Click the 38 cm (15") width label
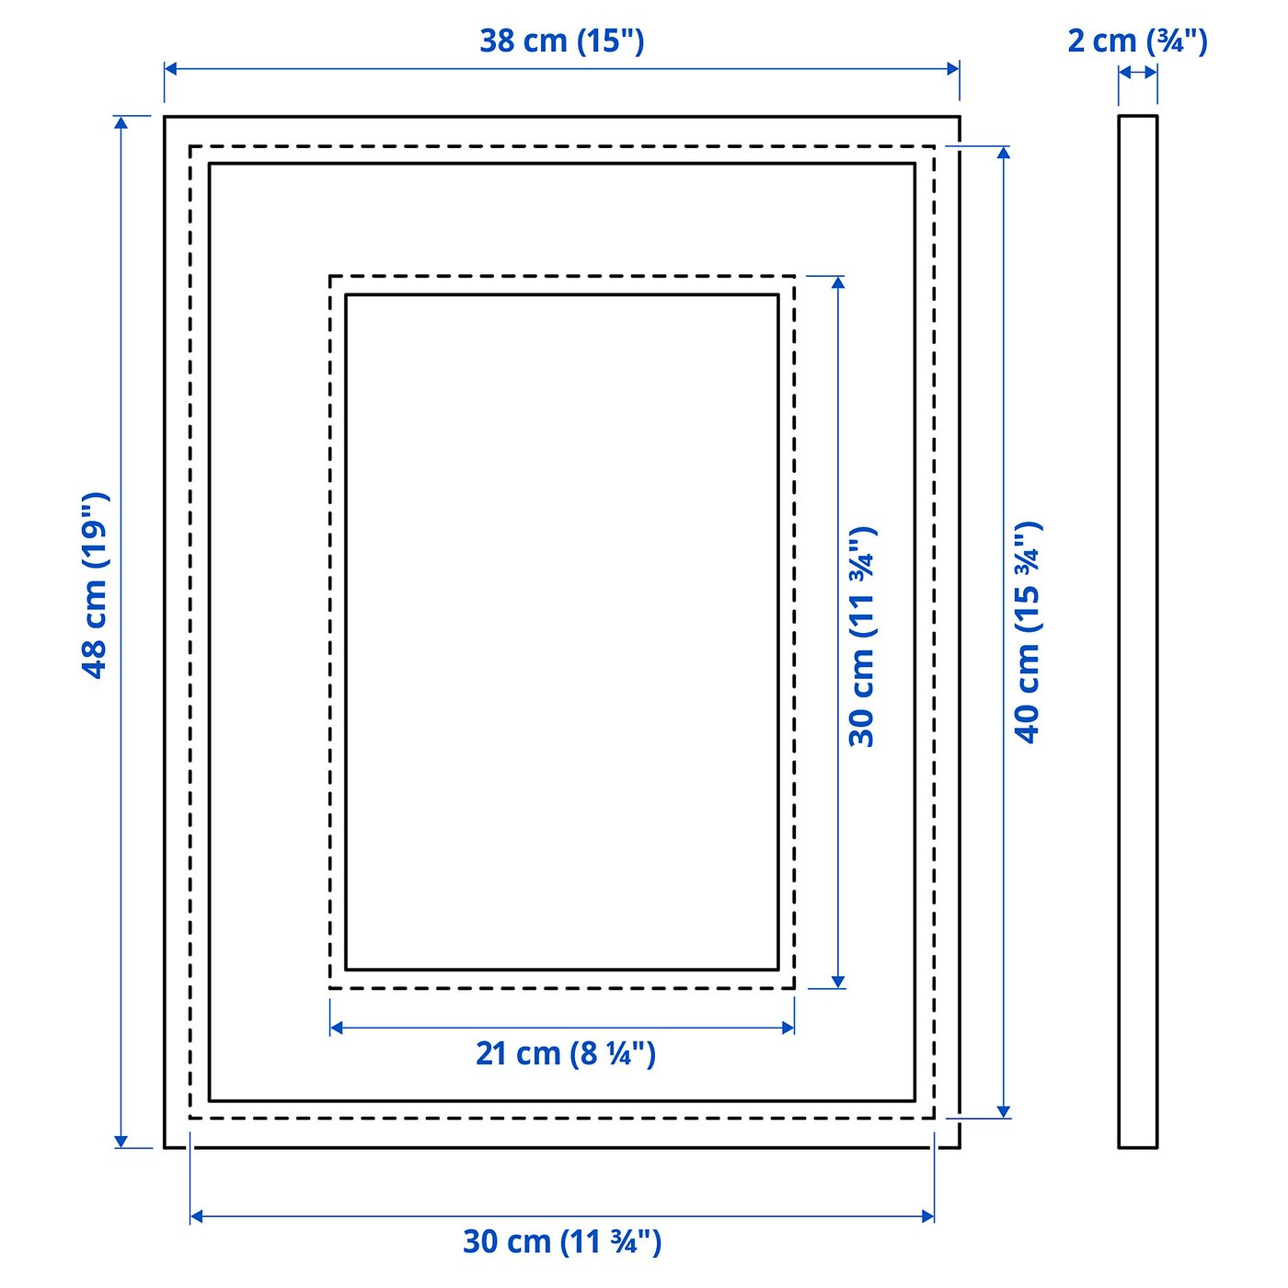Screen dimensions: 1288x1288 [561, 40]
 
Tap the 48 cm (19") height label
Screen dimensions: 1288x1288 [96, 585]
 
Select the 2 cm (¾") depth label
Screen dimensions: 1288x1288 [1137, 40]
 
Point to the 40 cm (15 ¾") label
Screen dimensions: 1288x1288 [1028, 632]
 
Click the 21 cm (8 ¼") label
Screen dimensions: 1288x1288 [565, 1052]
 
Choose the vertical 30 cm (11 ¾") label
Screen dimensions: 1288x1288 [863, 637]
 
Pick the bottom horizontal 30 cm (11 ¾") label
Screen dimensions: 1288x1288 [562, 1241]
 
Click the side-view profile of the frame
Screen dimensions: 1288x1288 [1138, 632]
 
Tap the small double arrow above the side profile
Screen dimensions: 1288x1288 [1138, 73]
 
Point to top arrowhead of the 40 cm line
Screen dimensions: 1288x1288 [1004, 153]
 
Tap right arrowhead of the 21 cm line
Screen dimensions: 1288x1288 [788, 1027]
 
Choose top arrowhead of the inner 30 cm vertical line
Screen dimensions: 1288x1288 [837, 282]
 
